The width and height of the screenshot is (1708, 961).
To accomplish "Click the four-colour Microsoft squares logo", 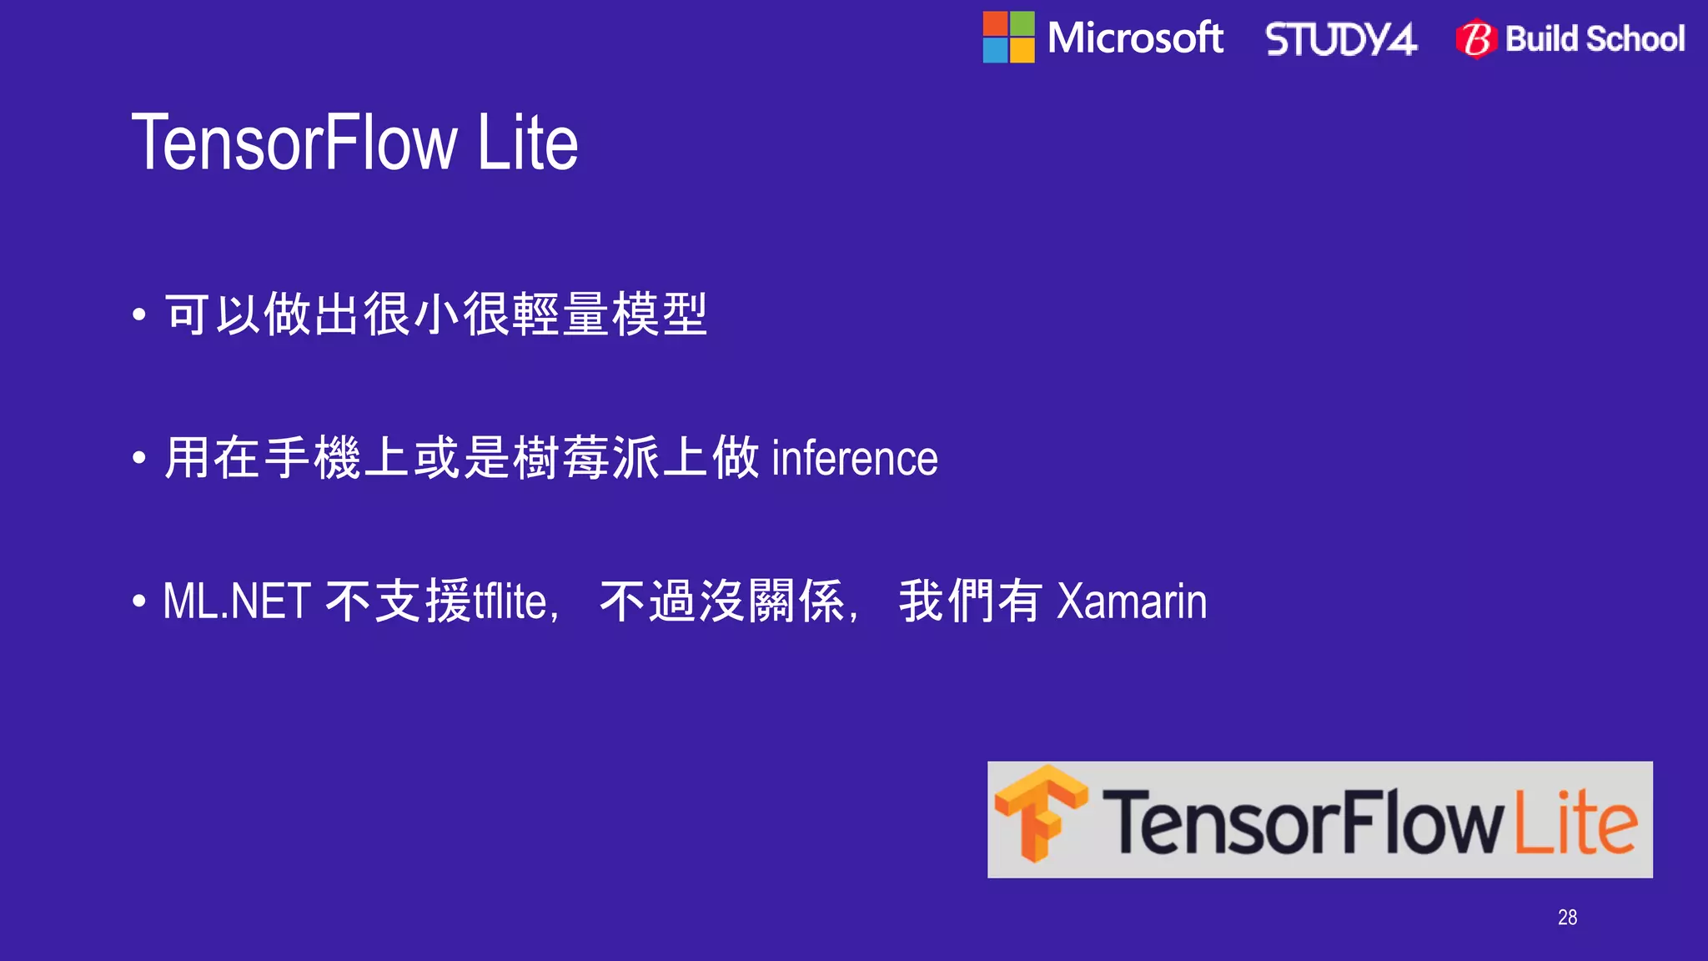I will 1008,38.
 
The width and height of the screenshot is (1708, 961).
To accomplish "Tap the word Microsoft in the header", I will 1135,38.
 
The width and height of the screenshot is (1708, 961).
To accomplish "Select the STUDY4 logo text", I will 1340,39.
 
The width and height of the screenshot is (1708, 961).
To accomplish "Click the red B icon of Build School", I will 1476,39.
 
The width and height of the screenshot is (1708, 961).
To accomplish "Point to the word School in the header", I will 1635,39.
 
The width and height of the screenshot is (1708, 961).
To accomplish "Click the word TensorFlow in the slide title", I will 294,143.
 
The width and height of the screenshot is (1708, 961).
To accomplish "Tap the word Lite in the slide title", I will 528,143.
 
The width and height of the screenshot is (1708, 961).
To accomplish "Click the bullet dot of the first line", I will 139,315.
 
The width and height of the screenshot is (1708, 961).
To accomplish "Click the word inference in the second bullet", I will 855,459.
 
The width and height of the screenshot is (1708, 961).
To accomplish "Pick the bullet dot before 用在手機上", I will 139,458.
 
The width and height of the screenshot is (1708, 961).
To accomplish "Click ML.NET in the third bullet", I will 237,601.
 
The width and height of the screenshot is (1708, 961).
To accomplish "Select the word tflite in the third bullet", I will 510,601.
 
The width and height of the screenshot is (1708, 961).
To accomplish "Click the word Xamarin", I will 1132,601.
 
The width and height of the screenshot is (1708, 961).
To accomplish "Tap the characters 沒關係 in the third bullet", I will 772,601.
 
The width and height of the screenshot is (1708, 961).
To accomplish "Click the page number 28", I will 1567,918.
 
